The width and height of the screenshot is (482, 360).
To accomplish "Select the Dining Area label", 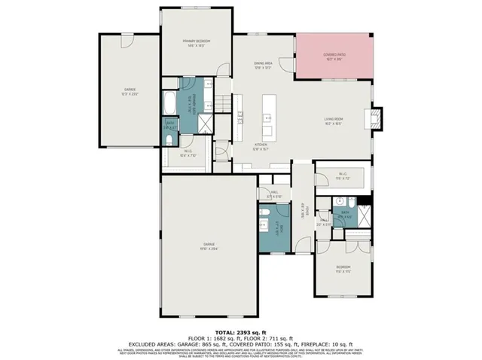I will (x=263, y=66).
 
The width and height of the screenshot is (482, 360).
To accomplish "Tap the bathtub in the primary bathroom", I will (x=168, y=101).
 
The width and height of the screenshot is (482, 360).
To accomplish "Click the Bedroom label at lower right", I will (x=344, y=270).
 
